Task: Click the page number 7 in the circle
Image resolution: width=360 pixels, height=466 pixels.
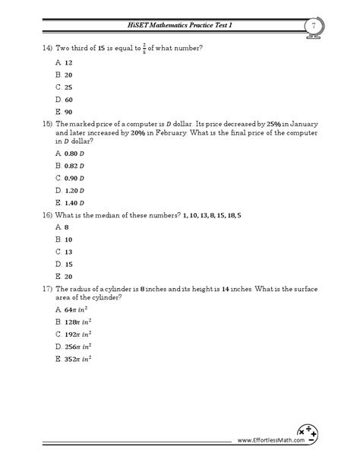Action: [x=314, y=27]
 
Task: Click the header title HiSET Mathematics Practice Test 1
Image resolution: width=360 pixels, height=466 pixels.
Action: [x=180, y=27]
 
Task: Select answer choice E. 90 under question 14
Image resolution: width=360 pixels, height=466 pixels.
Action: [x=64, y=112]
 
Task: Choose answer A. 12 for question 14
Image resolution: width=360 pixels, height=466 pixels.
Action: [x=64, y=63]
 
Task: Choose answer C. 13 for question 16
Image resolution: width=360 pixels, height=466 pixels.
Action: [x=64, y=252]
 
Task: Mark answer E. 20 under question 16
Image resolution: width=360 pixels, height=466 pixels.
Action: [x=64, y=276]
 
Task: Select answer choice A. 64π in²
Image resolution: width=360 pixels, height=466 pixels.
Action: [x=74, y=311]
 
